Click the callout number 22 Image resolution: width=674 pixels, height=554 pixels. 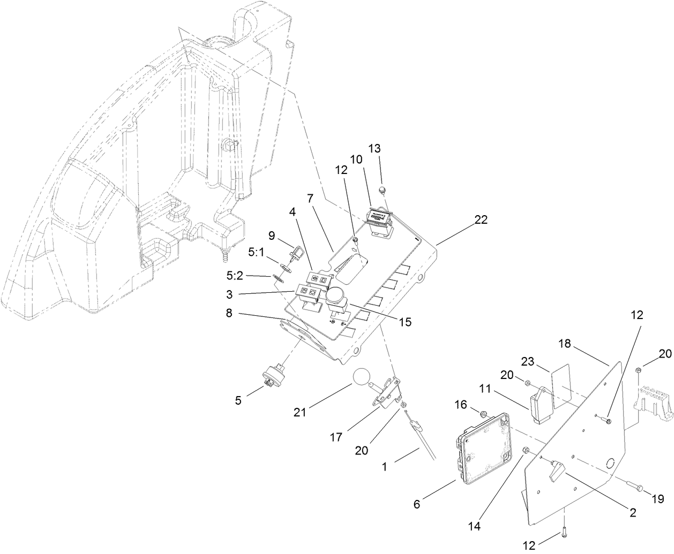tap(481, 220)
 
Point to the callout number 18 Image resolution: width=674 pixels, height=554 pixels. tap(566, 343)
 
